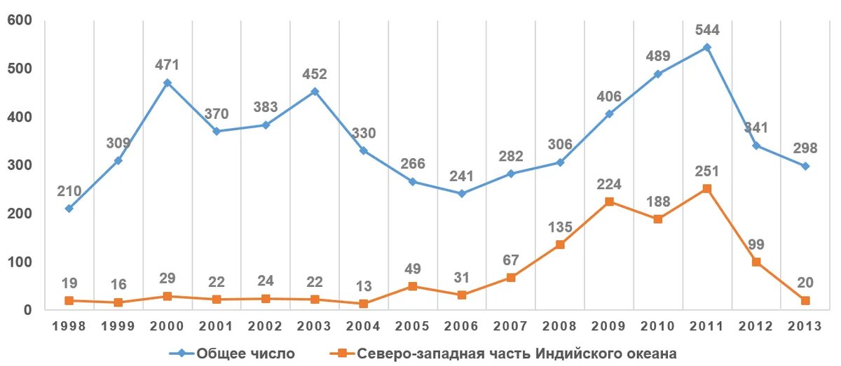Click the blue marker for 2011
(x=707, y=48)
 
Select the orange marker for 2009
(x=609, y=202)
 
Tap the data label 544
(x=707, y=31)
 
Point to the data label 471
(x=167, y=65)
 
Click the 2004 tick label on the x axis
(x=363, y=325)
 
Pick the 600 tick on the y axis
(x=20, y=21)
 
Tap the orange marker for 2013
(x=805, y=300)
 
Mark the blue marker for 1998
(x=69, y=209)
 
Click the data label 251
(x=707, y=171)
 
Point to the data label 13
(x=363, y=287)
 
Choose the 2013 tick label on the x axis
(x=805, y=325)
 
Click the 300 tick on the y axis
(x=20, y=165)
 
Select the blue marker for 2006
(x=462, y=193)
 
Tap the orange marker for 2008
(x=560, y=244)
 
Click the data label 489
(x=658, y=57)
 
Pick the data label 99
(x=756, y=245)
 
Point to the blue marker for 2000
(x=167, y=83)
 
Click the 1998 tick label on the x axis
(x=69, y=325)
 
